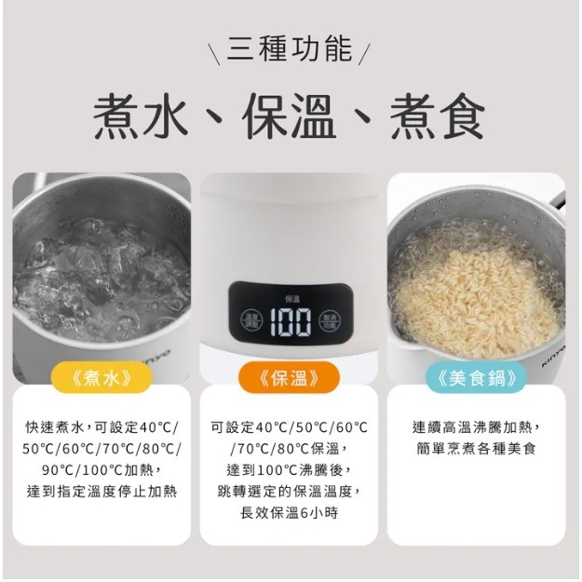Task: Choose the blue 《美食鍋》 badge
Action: point(476,377)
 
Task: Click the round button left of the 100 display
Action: point(252,320)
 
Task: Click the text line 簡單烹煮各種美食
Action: point(476,449)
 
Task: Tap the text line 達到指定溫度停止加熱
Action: point(102,491)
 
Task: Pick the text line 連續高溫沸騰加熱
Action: point(476,427)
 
